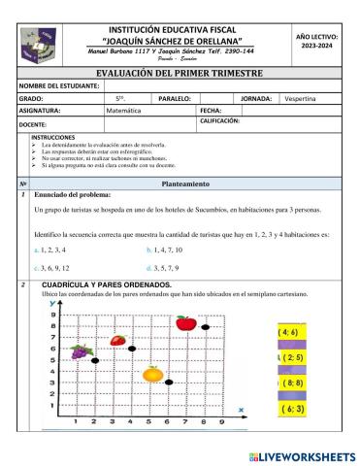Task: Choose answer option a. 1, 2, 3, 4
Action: tap(50, 250)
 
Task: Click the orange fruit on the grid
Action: tap(152, 373)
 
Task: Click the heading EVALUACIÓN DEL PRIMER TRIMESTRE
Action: tap(180, 72)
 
